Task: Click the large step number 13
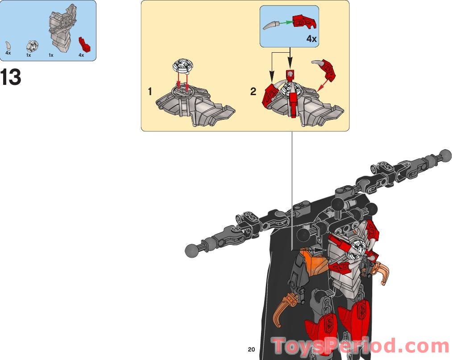coord(11,77)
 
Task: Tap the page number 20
coord(251,349)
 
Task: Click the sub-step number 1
coord(149,92)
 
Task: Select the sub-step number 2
coord(253,92)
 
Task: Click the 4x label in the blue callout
coord(311,39)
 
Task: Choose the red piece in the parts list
coord(85,44)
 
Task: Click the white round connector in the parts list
coord(33,46)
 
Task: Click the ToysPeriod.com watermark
coord(361,346)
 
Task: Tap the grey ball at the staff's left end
coord(192,251)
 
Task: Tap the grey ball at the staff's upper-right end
coord(445,156)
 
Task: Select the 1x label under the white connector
coord(29,55)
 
